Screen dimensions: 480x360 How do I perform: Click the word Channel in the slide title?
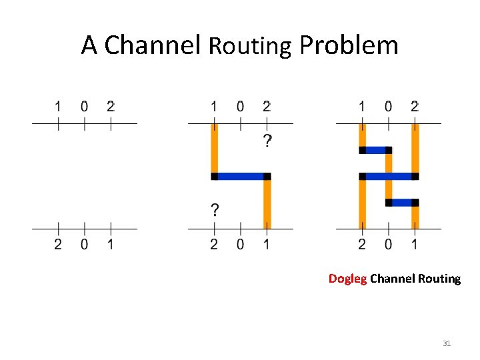(x=153, y=45)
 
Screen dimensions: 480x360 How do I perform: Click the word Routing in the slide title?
(x=249, y=46)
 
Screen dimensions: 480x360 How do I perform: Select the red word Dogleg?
(x=347, y=279)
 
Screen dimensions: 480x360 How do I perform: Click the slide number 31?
(x=447, y=343)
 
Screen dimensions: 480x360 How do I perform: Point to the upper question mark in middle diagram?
(x=267, y=141)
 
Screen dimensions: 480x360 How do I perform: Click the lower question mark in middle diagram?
(x=214, y=211)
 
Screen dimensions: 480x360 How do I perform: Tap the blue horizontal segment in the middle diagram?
(x=240, y=177)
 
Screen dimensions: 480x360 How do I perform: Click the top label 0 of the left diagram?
(x=84, y=106)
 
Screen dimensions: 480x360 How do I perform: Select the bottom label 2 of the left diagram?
(x=58, y=245)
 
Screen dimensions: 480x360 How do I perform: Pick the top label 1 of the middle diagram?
(x=214, y=106)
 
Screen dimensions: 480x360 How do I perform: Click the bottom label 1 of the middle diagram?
(x=267, y=245)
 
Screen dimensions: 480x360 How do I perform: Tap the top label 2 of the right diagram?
(x=415, y=106)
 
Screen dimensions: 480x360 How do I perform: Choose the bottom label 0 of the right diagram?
(x=389, y=245)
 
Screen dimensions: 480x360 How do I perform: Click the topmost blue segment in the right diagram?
(x=375, y=150)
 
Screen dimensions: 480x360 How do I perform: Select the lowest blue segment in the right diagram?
(x=402, y=202)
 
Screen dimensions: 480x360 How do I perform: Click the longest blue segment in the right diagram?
(x=389, y=176)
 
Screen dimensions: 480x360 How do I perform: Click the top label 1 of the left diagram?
(x=58, y=106)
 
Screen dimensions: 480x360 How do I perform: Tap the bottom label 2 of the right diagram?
(x=362, y=245)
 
